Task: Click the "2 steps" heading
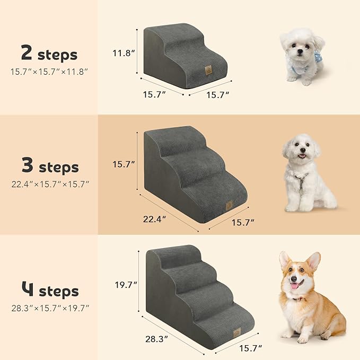click(x=49, y=54)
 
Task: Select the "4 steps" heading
click(x=49, y=291)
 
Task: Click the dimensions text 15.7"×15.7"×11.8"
click(x=49, y=71)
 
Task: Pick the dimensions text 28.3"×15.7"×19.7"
click(x=49, y=308)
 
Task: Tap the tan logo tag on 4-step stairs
click(x=236, y=331)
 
